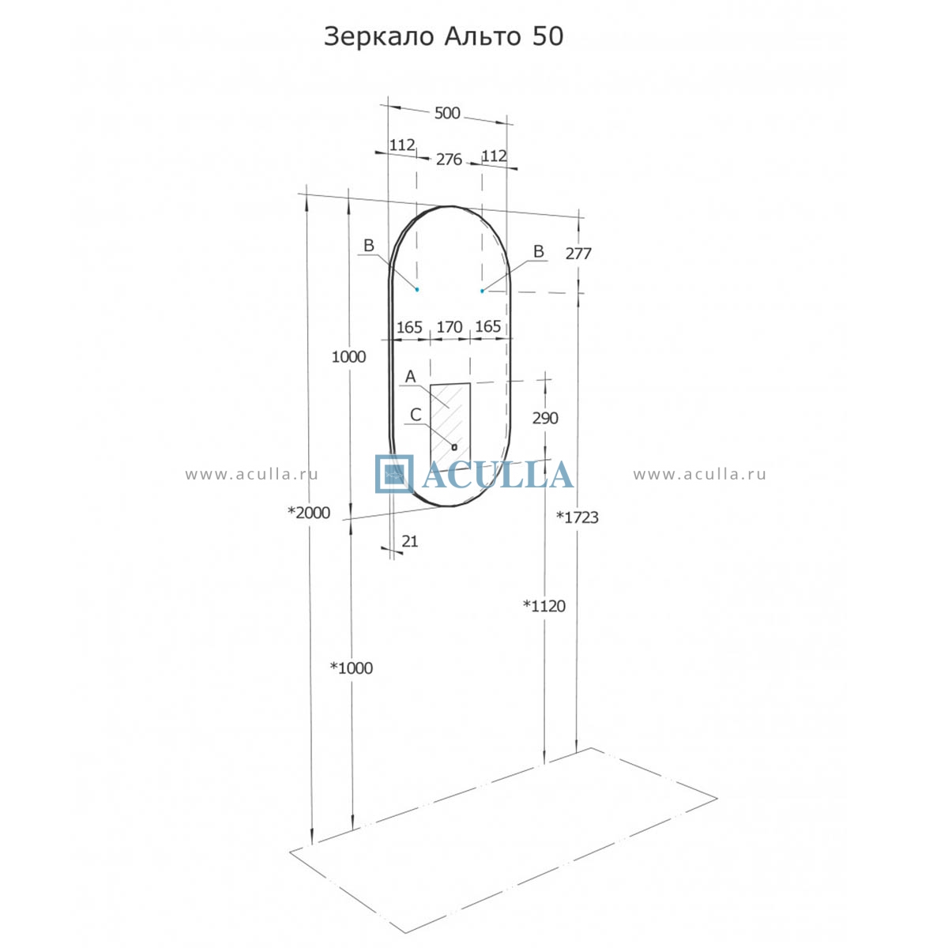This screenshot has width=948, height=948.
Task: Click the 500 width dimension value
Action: point(446,113)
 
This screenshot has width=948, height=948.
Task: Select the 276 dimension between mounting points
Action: point(449,160)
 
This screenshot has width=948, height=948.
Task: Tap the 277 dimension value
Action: point(578,254)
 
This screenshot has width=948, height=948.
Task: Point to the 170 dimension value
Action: point(450,327)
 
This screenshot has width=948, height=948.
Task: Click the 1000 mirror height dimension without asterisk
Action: point(348,356)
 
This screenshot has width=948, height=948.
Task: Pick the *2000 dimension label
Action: point(309,513)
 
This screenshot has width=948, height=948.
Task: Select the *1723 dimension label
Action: point(577,517)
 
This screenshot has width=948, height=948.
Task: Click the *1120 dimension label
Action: point(544,606)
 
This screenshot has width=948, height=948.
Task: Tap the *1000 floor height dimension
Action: point(352,668)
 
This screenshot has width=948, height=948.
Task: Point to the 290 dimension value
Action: point(545,418)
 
